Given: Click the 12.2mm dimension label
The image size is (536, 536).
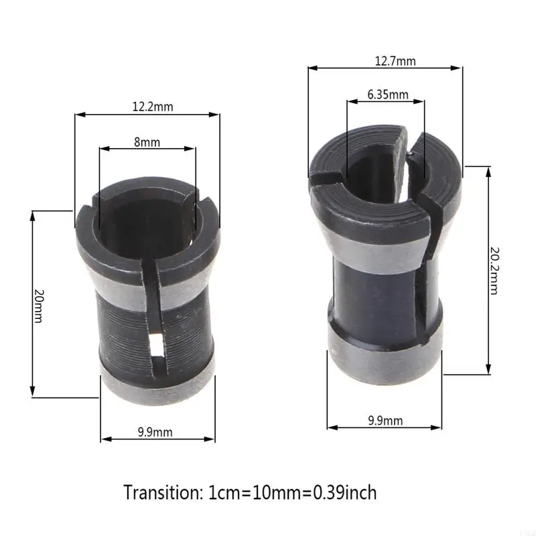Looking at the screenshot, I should click(153, 106).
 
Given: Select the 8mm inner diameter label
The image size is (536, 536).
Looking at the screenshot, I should click(147, 141).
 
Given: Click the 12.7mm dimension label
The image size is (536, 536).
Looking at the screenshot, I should click(396, 61).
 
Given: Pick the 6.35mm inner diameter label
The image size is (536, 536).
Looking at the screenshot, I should click(387, 94).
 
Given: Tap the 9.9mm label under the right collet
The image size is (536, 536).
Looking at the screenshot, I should click(385, 421).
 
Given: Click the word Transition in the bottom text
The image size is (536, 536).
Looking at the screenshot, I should click(159, 493).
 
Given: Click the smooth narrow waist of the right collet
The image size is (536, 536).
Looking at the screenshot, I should click(375, 288).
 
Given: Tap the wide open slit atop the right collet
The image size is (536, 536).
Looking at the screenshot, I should click(410, 144).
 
